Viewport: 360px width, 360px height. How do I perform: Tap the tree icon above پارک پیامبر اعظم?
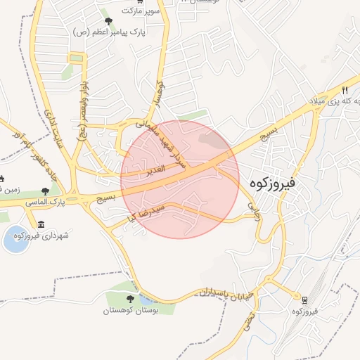coord(108,21)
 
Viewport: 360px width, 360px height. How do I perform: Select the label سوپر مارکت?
coord(141,11)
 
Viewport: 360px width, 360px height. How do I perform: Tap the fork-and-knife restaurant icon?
coord(345,90)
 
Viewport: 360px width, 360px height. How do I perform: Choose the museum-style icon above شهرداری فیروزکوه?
coord(41,224)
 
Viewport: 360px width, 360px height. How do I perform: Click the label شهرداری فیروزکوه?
coord(46,236)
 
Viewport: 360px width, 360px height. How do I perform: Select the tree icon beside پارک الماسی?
coord(46,191)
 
